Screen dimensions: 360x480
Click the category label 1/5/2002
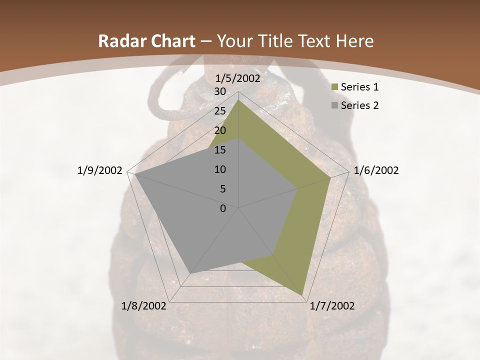click(238, 78)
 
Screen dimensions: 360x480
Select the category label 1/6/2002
click(376, 170)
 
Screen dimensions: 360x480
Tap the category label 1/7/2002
click(332, 306)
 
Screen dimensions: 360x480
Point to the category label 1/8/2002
click(144, 306)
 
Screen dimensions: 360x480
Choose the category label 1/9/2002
click(100, 170)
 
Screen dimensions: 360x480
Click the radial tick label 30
click(220, 91)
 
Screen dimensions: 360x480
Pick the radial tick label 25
click(220, 111)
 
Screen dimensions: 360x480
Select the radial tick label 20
click(220, 130)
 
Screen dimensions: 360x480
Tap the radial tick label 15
click(220, 150)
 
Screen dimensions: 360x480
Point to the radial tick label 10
click(220, 169)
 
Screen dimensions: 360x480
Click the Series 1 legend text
click(359, 87)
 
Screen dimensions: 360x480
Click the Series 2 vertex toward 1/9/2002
click(134, 174)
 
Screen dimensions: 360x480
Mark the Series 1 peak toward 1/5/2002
click(238, 99)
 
